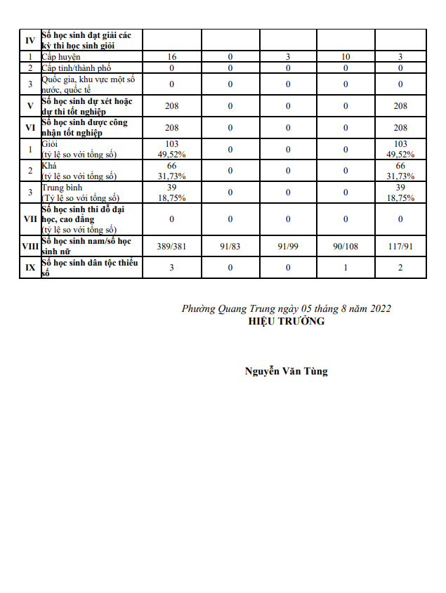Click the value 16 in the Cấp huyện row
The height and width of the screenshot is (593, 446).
click(172, 56)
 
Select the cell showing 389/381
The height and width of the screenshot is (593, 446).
click(172, 245)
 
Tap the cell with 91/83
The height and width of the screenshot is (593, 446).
click(230, 245)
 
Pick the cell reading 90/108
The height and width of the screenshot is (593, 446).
click(346, 245)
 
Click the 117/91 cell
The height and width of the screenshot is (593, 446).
click(400, 245)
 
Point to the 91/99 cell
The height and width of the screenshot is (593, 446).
click(288, 245)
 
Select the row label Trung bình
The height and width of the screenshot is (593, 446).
click(63, 188)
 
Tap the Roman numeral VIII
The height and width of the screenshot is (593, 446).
click(30, 245)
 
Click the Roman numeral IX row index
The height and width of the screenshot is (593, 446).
click(30, 268)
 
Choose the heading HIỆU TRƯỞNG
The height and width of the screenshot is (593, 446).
click(286, 321)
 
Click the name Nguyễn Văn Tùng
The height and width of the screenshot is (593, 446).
click(286, 371)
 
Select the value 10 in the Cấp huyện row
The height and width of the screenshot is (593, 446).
click(346, 56)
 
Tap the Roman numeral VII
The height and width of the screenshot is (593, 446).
click(30, 219)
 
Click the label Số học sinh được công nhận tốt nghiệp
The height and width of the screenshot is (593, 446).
click(84, 127)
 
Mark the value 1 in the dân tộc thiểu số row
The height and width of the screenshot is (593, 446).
click(346, 268)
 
